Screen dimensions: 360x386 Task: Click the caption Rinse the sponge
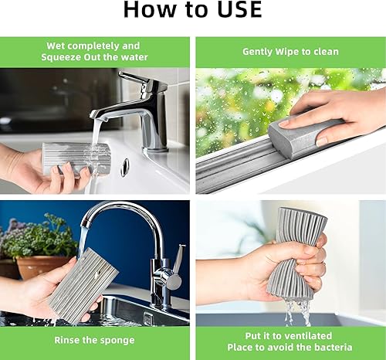[x=94, y=339]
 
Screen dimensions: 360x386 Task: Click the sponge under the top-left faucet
[x=76, y=158]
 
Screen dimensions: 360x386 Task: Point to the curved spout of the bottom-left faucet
[x=116, y=212]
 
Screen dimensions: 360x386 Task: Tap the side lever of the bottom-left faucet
[x=178, y=259]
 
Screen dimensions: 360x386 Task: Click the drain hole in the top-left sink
[x=124, y=168]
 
